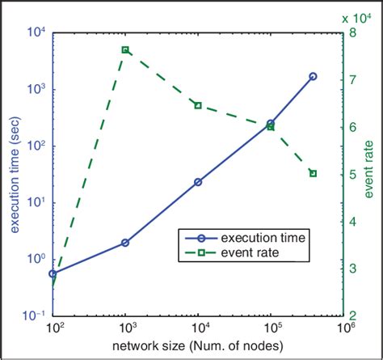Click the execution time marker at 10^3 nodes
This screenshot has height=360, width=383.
125,243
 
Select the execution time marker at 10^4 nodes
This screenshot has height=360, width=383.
198,182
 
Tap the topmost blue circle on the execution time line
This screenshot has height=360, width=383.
314,76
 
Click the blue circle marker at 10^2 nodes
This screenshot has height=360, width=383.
53,273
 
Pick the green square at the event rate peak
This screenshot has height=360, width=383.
125,49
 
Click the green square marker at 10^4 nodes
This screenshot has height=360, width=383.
198,105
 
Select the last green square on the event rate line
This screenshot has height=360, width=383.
314,173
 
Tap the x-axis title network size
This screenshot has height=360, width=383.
198,349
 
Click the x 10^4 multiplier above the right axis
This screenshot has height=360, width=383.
360,16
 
